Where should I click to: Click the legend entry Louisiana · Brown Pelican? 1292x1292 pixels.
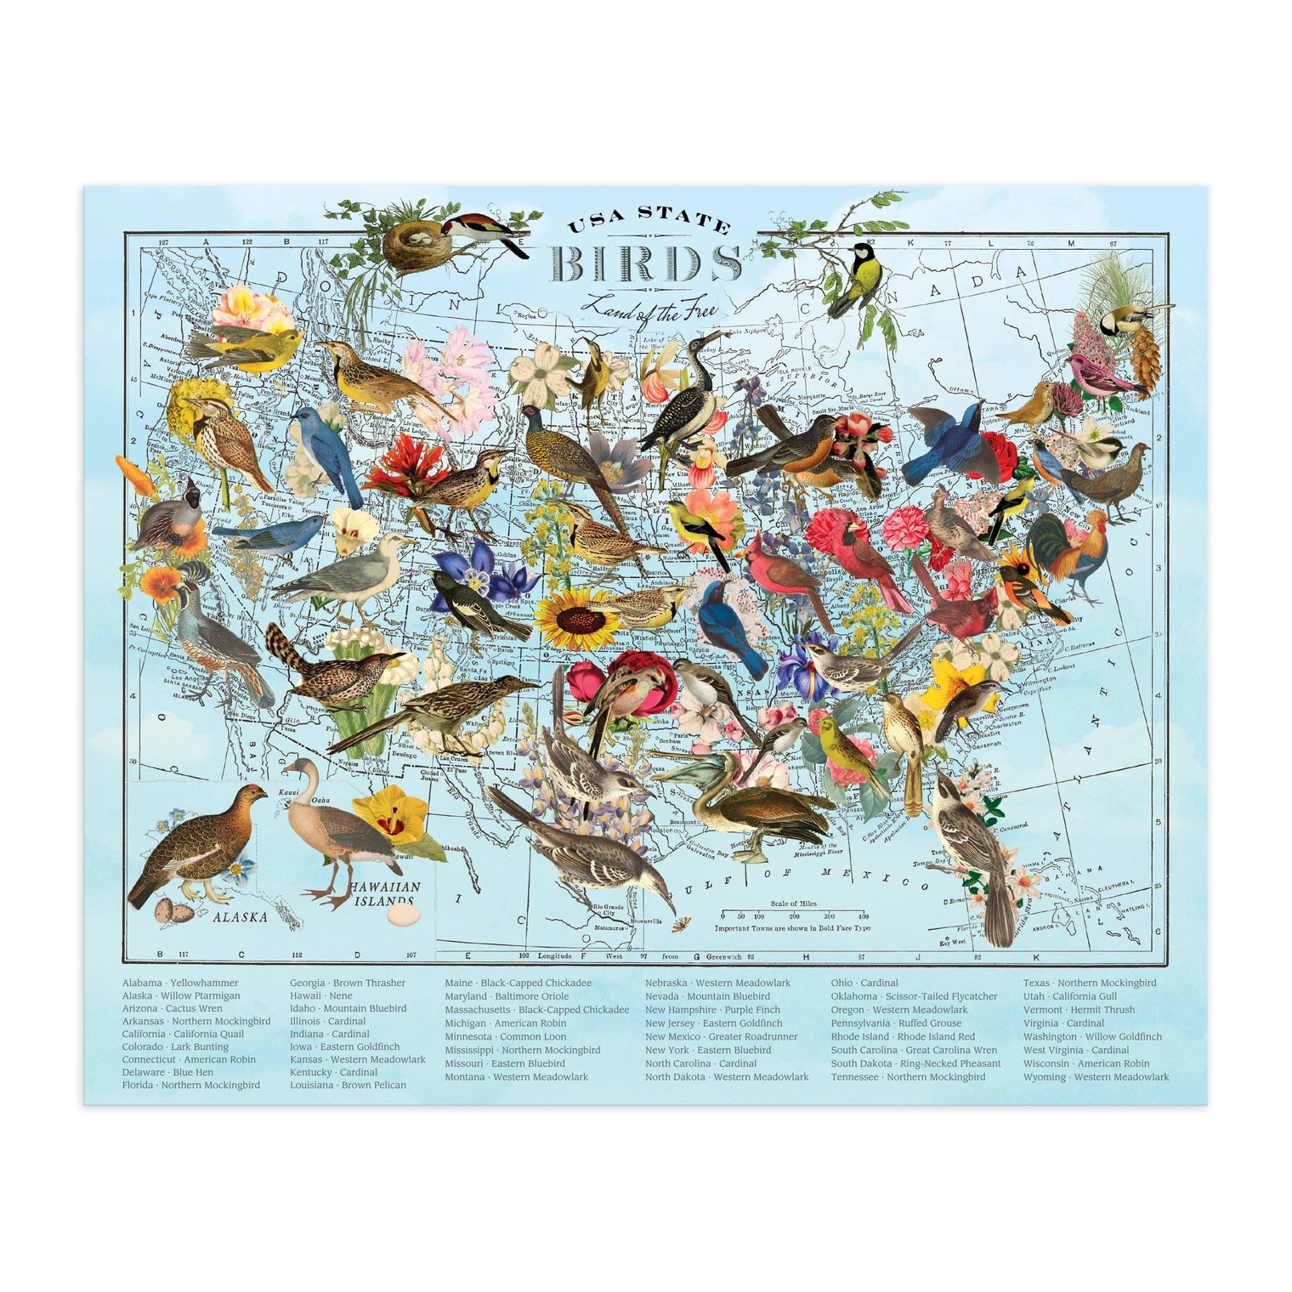tap(348, 1085)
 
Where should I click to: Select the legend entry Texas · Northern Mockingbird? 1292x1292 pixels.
tap(1089, 983)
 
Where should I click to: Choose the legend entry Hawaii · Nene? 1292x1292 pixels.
tap(315, 996)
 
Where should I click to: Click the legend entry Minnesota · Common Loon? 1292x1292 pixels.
tap(505, 1037)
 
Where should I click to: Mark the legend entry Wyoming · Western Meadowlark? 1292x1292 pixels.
tap(1096, 1078)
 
